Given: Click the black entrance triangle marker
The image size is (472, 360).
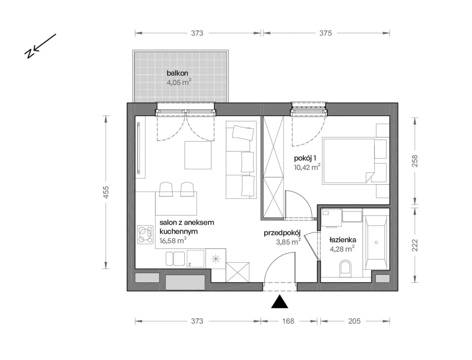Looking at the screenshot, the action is (x=279, y=302).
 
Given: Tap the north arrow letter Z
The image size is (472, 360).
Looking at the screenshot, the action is (x=29, y=54).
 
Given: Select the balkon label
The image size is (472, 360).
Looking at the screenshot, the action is (x=177, y=73).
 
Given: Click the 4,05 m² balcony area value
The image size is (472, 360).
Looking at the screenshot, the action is (x=179, y=82).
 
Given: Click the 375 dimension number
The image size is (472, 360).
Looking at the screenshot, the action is (x=326, y=33).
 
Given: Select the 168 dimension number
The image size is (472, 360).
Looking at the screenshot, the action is (x=288, y=321).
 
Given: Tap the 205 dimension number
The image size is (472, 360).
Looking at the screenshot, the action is (x=354, y=321).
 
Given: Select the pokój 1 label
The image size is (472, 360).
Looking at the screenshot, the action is (x=305, y=158).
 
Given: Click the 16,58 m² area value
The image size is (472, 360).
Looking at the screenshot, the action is (x=173, y=240).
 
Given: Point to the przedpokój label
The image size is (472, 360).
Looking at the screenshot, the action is (x=282, y=233).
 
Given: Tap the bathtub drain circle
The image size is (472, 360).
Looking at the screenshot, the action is (x=376, y=242).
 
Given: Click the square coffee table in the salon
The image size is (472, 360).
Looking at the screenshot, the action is (x=198, y=155).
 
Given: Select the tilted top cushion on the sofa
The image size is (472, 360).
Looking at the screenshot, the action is (x=243, y=133).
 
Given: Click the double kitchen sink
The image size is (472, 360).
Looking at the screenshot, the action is (x=175, y=258).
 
